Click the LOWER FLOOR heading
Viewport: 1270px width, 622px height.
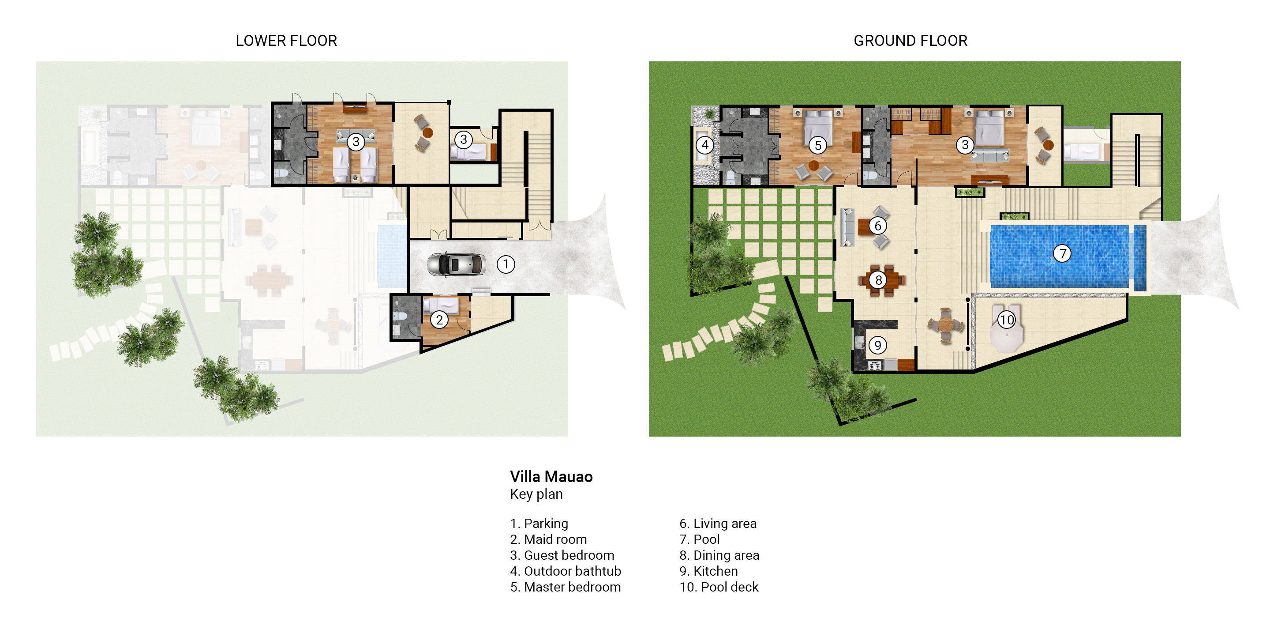(x=286, y=41)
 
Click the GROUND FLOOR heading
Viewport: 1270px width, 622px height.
(x=910, y=41)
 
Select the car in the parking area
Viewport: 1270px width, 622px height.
(x=456, y=265)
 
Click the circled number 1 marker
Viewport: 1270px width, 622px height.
(x=506, y=264)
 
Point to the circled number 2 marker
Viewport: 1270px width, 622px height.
(x=439, y=320)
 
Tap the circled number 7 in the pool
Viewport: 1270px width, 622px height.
(x=1062, y=253)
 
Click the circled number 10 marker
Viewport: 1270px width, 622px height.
(x=1006, y=320)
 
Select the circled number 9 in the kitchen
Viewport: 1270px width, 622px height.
(x=877, y=345)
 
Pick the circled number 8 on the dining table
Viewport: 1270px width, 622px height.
(x=878, y=280)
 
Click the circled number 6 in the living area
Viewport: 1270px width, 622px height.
(x=877, y=226)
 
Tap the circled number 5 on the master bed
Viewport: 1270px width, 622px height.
(x=818, y=145)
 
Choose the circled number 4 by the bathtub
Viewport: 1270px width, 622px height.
(x=705, y=145)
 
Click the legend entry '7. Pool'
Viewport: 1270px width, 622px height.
(x=699, y=539)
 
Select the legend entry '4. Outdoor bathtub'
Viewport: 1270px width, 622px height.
(x=565, y=571)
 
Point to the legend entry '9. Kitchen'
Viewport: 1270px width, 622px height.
(x=708, y=571)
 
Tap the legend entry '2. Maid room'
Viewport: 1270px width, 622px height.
(x=548, y=539)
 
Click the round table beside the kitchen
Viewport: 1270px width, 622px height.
(x=945, y=325)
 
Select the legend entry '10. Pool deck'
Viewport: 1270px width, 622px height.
(x=719, y=587)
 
